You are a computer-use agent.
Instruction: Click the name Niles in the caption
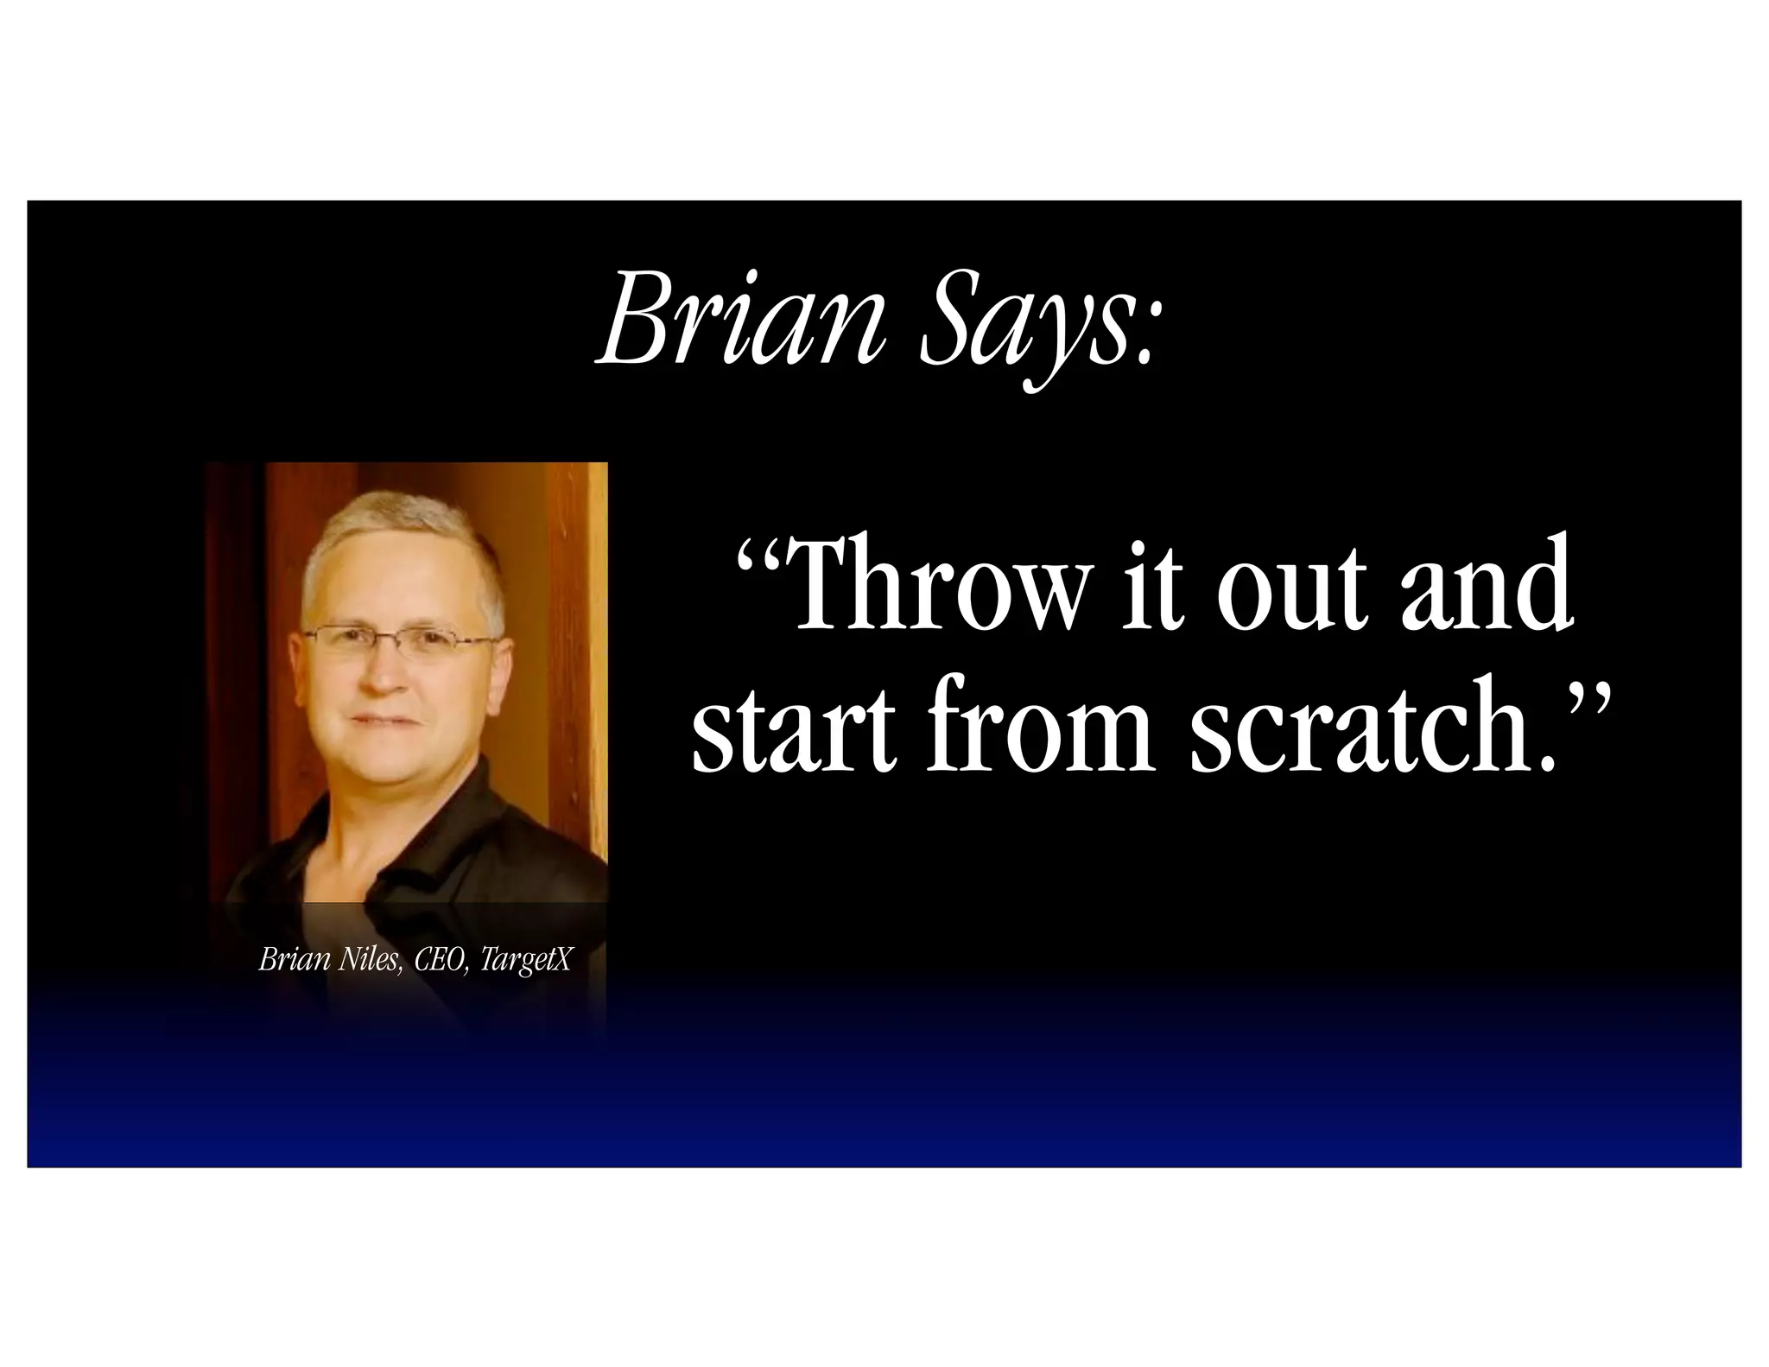coord(370,960)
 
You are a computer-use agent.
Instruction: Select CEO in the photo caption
coord(441,960)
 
